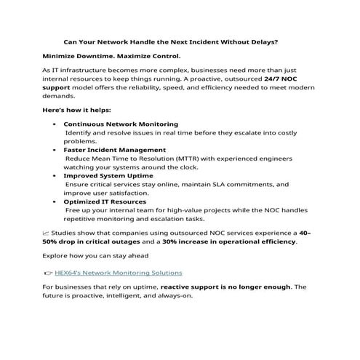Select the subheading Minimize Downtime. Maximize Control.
(111, 55)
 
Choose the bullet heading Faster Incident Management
(115, 150)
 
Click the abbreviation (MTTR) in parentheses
(188, 158)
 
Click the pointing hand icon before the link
(48, 273)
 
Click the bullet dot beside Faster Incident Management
(56, 150)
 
